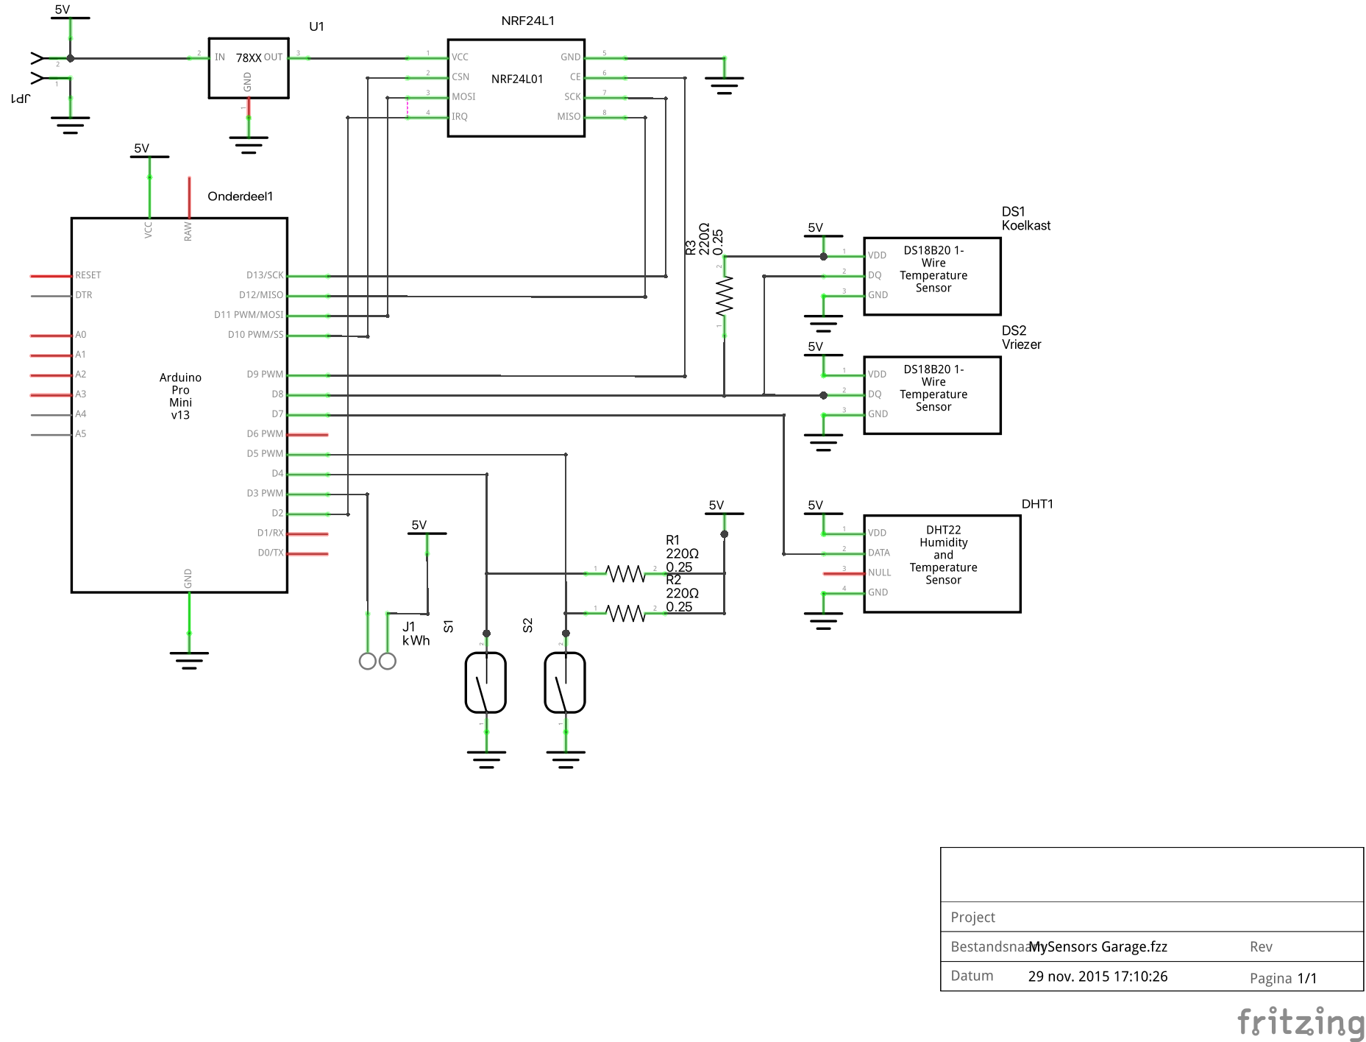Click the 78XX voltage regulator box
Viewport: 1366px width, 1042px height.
tap(249, 68)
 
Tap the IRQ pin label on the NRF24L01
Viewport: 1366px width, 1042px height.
tap(460, 117)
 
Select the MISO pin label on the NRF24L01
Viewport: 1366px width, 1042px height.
tap(569, 117)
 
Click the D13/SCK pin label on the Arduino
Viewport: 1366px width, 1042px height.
tap(265, 275)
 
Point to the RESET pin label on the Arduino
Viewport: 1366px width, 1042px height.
tap(88, 275)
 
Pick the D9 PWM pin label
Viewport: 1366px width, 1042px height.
tap(265, 375)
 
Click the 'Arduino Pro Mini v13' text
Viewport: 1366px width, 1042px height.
tap(180, 396)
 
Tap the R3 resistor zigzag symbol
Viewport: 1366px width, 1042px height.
tap(725, 295)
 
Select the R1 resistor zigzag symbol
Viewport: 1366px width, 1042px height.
tap(625, 573)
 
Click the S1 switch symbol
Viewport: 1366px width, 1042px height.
tap(485, 683)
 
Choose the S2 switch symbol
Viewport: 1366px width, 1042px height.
tap(565, 683)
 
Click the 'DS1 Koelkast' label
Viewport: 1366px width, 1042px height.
tap(1025, 219)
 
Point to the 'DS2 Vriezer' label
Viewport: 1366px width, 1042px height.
tap(1021, 338)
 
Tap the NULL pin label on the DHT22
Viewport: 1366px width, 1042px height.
tap(879, 573)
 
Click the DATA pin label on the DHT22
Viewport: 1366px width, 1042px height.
tap(879, 553)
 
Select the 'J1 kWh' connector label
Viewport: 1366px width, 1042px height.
tap(416, 634)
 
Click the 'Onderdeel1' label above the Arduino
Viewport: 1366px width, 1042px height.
tap(240, 196)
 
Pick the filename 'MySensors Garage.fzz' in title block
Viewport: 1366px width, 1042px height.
tap(1098, 947)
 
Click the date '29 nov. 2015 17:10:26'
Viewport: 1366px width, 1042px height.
tap(1098, 977)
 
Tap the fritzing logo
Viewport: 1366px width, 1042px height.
tap(1301, 1023)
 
